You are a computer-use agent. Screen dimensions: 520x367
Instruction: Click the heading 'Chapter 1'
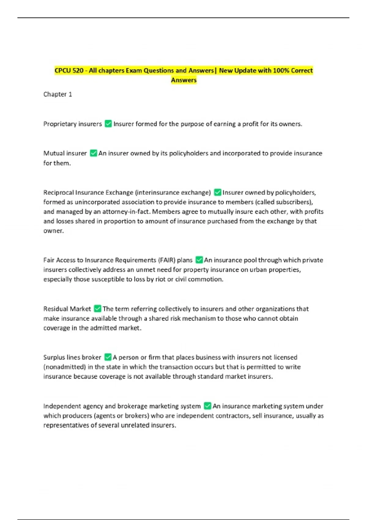(x=57, y=94)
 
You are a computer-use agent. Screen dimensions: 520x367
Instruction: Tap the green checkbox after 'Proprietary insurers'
(x=108, y=124)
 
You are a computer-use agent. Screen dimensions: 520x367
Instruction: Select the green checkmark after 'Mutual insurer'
(x=93, y=153)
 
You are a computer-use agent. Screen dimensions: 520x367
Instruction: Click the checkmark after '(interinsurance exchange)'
(x=217, y=192)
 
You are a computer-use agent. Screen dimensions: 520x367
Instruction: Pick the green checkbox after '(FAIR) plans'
(x=199, y=260)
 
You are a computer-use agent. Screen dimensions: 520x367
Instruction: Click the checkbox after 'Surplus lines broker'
(x=108, y=357)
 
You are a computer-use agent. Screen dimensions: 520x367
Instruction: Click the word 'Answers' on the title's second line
(x=183, y=80)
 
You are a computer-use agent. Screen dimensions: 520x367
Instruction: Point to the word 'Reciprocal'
(x=58, y=192)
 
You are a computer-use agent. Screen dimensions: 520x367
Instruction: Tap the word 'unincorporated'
(x=97, y=202)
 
